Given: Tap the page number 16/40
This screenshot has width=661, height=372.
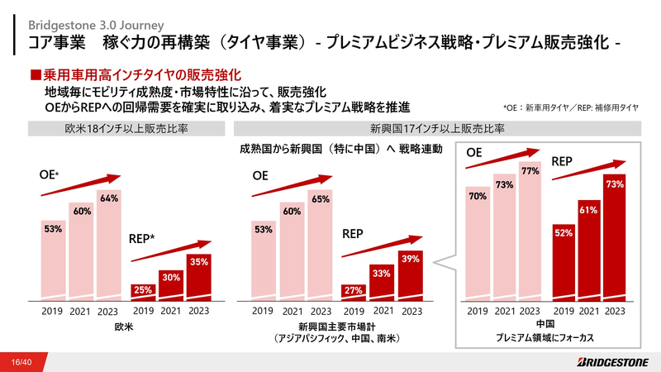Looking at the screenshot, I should tap(21, 362).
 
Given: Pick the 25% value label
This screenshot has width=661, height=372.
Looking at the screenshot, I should tap(143, 289).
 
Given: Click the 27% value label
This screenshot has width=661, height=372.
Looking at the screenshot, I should tap(354, 290).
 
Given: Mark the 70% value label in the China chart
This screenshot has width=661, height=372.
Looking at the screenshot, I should tap(477, 197).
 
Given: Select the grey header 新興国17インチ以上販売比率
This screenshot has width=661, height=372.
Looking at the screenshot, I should tap(437, 129).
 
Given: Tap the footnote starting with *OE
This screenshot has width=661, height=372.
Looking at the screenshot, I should tap(570, 107).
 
